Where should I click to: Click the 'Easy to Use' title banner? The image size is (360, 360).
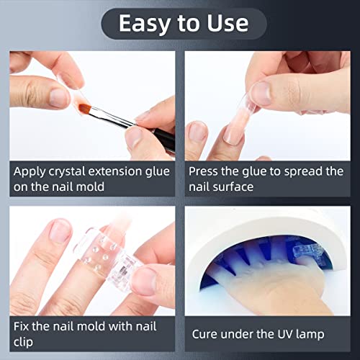(x=179, y=24)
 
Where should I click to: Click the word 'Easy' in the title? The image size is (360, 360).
(x=145, y=24)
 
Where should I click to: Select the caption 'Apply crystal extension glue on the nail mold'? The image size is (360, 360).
(x=91, y=179)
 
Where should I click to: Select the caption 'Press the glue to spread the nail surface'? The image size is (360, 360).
(x=266, y=179)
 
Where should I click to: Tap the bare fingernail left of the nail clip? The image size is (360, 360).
(x=59, y=230)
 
